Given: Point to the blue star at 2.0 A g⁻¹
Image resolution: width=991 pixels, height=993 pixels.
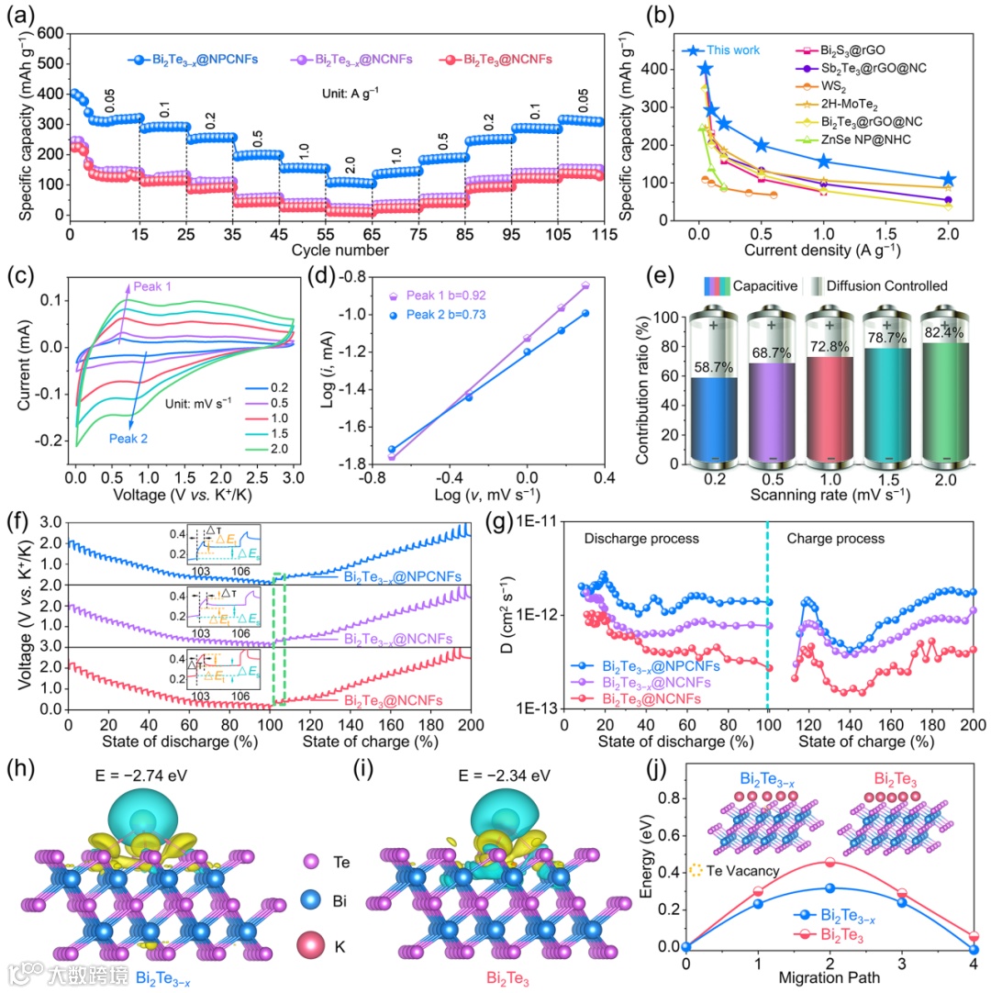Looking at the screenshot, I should click(948, 180).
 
